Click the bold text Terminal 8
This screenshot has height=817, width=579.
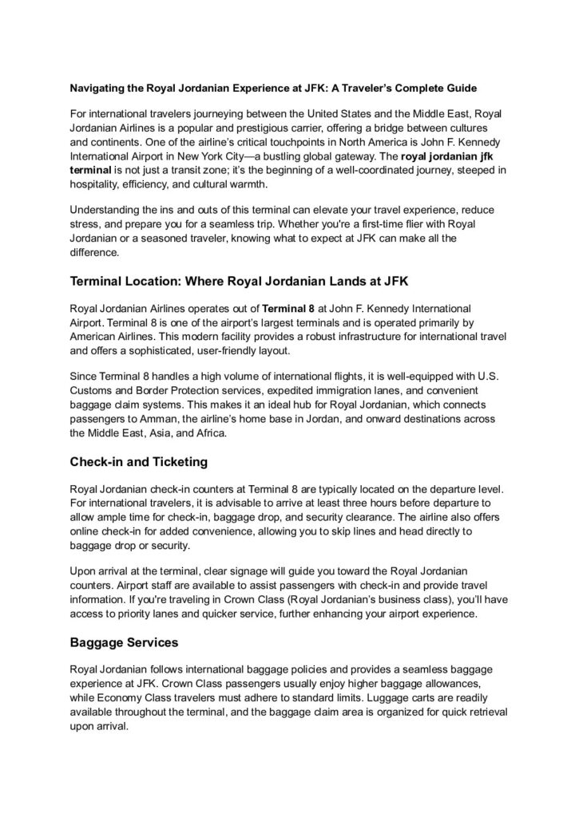288,308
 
